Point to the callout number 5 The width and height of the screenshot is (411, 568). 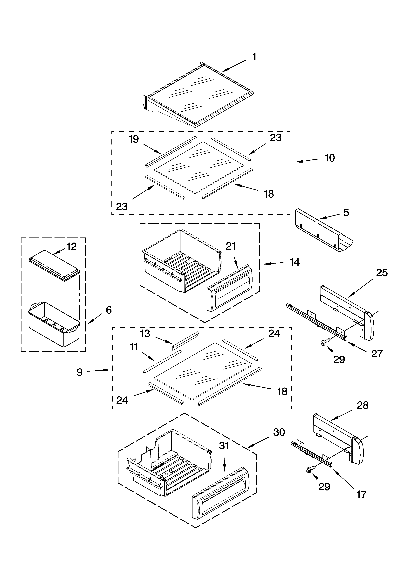[346, 213]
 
